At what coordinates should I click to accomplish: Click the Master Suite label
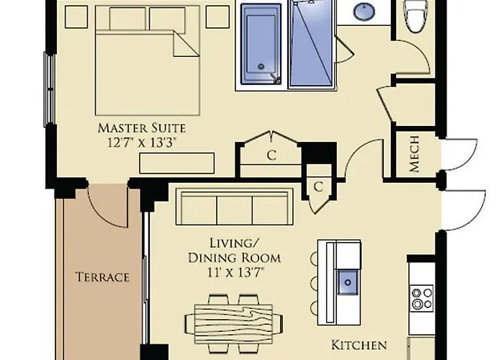142,128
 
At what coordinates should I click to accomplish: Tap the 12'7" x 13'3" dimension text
142,142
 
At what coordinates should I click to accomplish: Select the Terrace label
102,277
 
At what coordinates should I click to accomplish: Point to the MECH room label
414,154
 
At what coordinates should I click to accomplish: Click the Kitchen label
359,345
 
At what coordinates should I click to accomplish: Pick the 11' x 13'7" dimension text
235,273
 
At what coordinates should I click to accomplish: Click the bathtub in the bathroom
261,44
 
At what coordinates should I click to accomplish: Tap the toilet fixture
418,16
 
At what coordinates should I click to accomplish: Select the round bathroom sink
364,12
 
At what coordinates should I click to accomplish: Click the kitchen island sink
348,282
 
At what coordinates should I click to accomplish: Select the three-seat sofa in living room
234,207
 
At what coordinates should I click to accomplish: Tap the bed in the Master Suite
148,60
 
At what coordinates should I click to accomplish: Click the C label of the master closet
271,156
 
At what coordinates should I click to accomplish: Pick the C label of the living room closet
318,186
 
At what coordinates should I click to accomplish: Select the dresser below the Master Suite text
177,163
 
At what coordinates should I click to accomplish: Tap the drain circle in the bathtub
261,67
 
